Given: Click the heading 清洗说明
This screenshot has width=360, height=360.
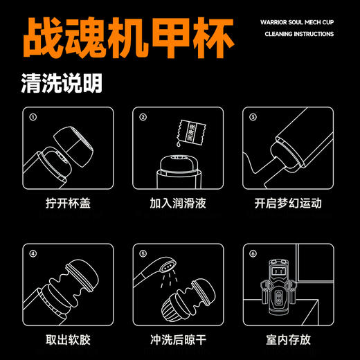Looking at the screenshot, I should tap(62, 84).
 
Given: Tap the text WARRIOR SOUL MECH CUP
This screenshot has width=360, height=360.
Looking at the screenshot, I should tap(297, 21).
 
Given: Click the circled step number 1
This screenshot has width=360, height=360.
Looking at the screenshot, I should tap(31, 117).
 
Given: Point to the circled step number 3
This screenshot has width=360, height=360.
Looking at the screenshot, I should tap(253, 117).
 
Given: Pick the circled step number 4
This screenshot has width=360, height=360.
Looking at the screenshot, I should tap(31, 254).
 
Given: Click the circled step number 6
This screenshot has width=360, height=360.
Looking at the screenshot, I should tap(253, 254).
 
